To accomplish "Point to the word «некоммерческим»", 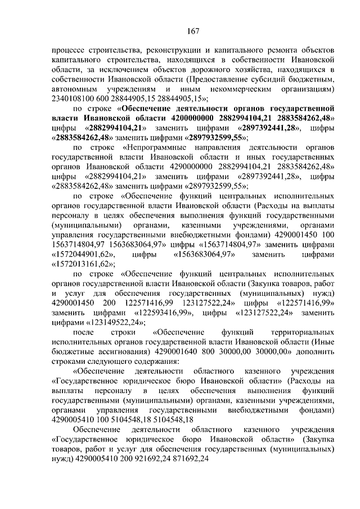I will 242,89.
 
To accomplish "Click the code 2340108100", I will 73,99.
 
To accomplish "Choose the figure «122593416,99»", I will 167,312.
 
